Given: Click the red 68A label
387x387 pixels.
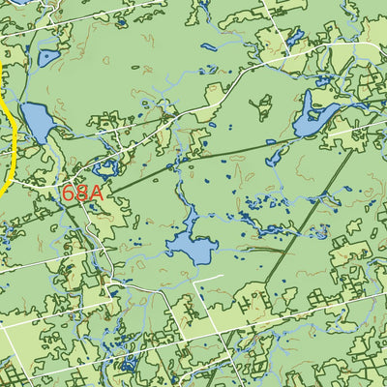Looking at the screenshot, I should click(81, 193).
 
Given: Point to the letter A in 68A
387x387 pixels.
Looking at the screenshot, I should click(95, 193).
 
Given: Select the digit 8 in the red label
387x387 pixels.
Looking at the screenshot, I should click(82, 193).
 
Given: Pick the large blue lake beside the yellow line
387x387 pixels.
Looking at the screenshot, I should click(36, 123).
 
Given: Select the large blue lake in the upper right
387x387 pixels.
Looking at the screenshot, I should click(314, 114).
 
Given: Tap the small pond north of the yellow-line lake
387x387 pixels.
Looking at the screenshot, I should click(47, 58).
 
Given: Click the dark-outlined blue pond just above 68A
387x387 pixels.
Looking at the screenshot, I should click(104, 167).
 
